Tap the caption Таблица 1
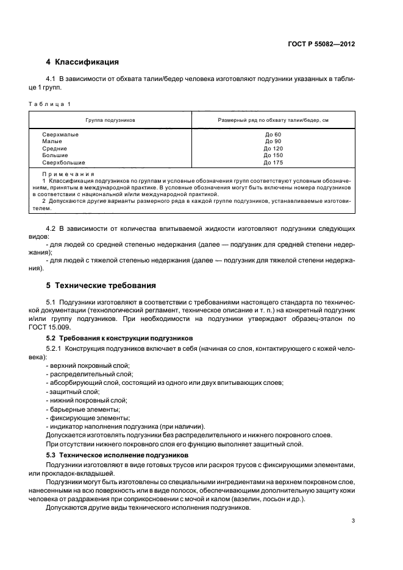click(x=50, y=104)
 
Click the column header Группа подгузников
click(x=110, y=121)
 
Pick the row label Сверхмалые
click(x=60, y=134)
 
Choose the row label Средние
click(x=55, y=149)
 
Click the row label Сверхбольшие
click(x=64, y=163)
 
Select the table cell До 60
click(x=273, y=134)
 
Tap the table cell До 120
click(x=273, y=149)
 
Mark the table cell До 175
click(x=273, y=163)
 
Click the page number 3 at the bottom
click(x=353, y=520)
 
